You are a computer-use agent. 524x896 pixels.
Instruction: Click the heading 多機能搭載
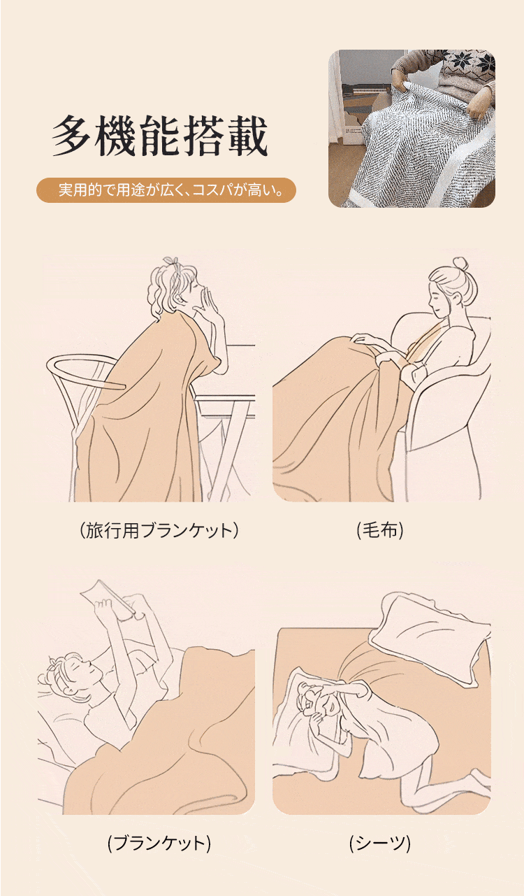point(159,136)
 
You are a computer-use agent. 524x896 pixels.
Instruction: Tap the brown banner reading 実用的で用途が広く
point(166,190)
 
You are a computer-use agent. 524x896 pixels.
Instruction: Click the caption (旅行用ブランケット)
point(159,531)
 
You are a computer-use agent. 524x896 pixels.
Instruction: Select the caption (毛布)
point(380,530)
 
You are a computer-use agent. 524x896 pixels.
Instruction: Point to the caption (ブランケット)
point(159,843)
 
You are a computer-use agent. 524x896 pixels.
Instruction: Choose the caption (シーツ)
point(380,843)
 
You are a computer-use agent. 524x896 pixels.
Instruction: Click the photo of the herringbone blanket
point(412,129)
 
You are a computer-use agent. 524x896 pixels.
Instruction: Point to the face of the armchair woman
point(440,298)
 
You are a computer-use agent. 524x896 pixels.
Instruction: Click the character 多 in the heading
point(71,136)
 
